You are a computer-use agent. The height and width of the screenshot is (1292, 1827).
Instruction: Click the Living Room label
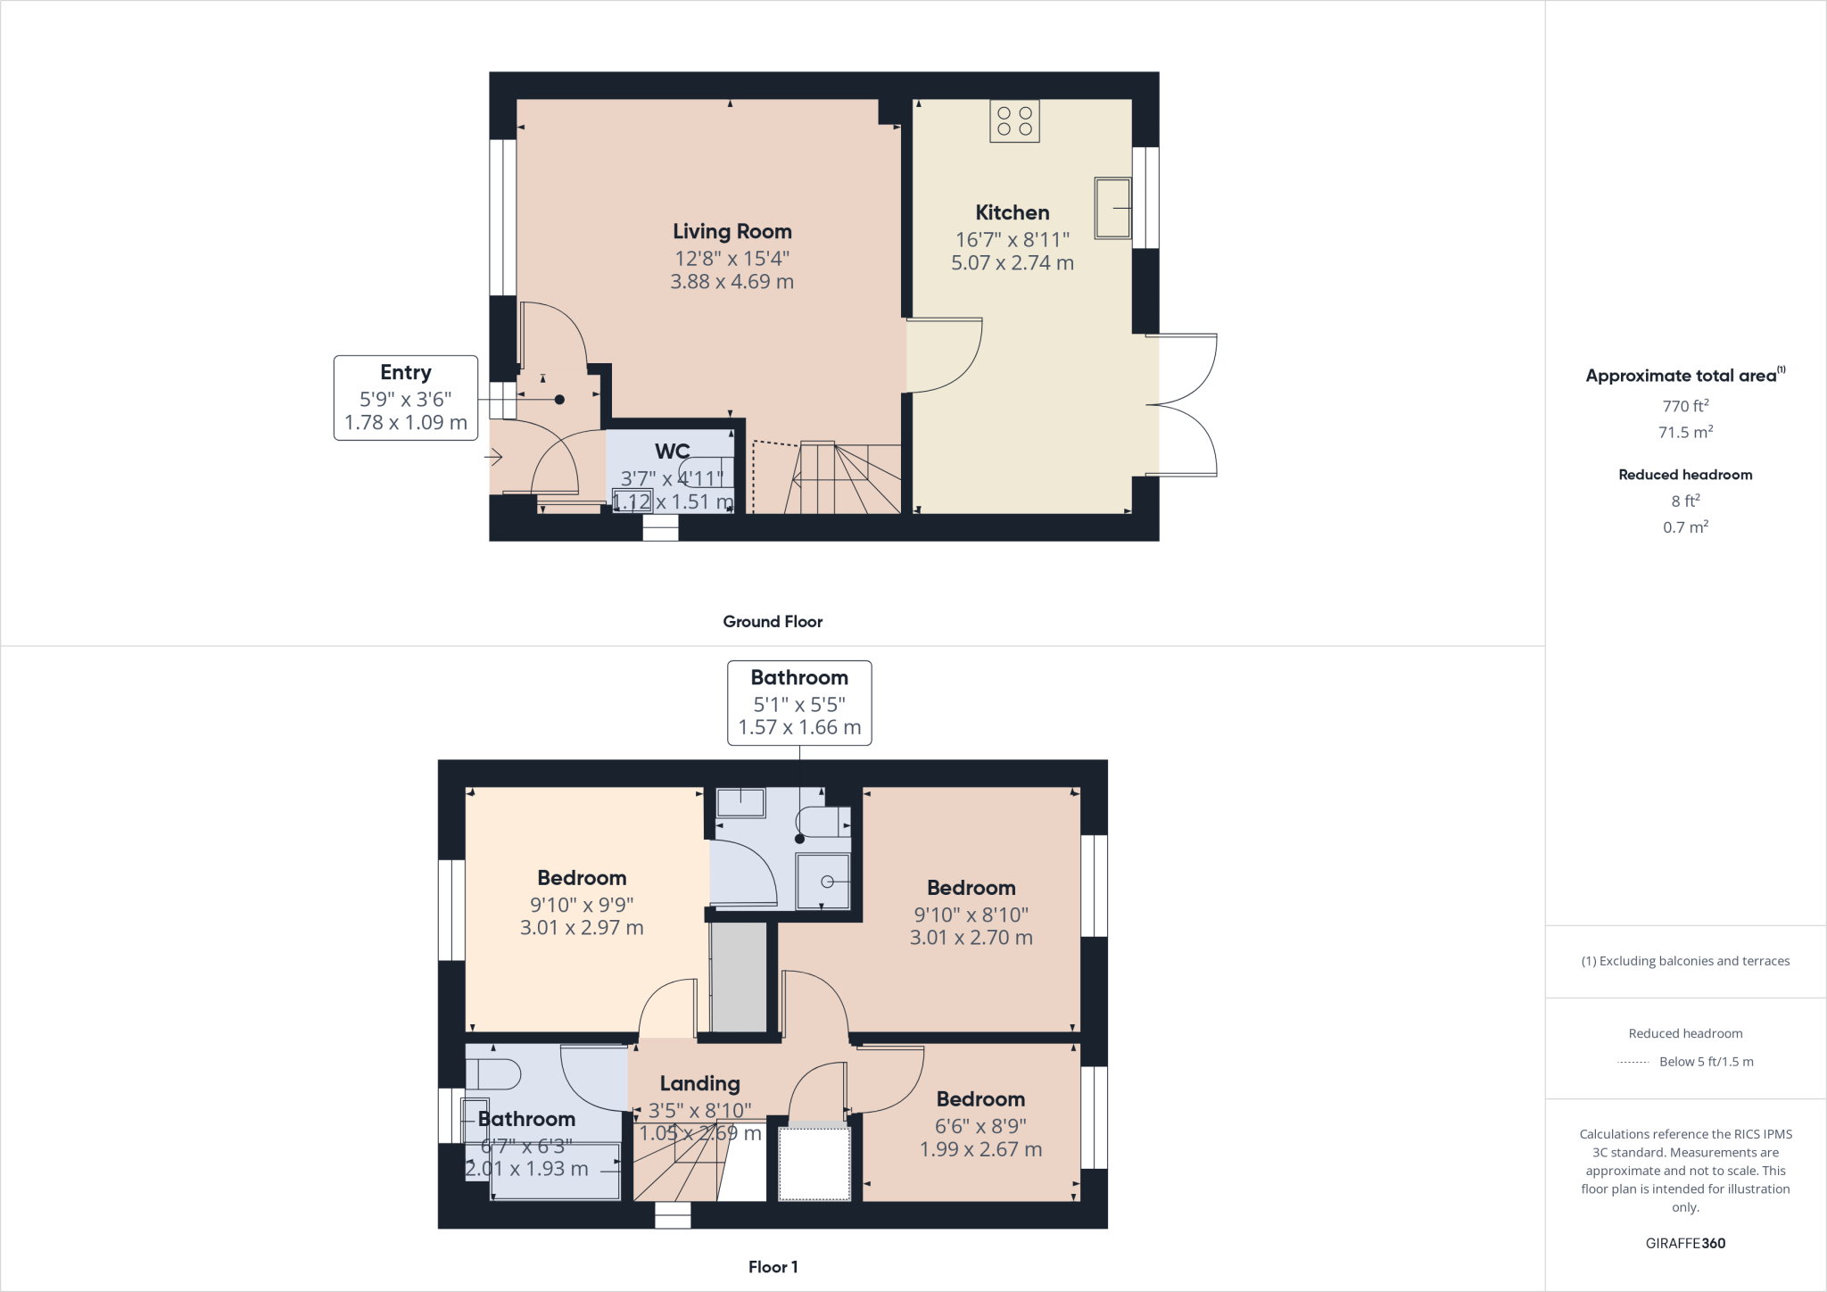click(732, 232)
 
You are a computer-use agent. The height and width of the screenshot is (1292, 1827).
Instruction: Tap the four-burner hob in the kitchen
click(1014, 121)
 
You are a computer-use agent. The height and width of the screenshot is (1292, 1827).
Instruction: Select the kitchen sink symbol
click(1112, 208)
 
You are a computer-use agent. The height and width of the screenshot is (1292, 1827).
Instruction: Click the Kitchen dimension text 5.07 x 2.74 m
click(1012, 263)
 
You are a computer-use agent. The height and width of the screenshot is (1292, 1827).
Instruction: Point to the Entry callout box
click(406, 397)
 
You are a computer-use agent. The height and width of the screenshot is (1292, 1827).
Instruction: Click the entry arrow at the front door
click(493, 457)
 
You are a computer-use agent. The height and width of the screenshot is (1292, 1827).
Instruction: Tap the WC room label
click(672, 451)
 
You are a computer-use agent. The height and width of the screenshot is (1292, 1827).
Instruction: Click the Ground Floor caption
click(773, 622)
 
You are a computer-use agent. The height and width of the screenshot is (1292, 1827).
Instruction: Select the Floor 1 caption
click(773, 1267)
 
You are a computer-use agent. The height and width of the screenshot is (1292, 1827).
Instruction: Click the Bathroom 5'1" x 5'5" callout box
click(799, 703)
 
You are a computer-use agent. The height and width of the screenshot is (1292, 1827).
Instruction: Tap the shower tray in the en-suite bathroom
click(823, 882)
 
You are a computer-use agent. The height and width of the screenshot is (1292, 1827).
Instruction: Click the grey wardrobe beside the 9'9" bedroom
click(739, 977)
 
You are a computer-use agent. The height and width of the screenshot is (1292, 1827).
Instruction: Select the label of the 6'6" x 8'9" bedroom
click(980, 1099)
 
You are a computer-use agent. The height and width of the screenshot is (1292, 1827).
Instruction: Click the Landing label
click(699, 1084)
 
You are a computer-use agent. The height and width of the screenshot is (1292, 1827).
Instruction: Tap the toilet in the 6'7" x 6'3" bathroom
click(494, 1074)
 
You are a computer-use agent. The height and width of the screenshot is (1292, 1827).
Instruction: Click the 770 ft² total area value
click(1685, 406)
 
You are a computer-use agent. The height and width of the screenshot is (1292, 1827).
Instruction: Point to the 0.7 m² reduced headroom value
click(1685, 527)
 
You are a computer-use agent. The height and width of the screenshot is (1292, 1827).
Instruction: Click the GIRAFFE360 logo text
click(1685, 1243)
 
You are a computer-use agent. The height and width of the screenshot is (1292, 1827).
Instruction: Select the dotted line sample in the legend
click(1633, 1062)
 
